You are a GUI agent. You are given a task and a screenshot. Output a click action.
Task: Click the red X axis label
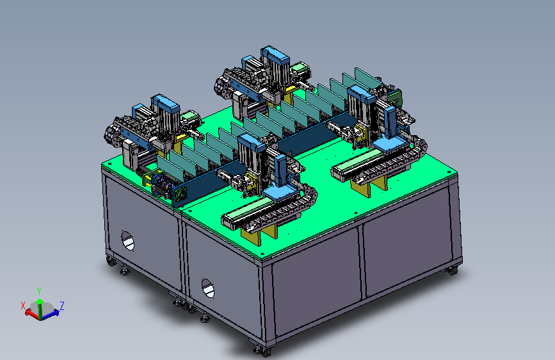point(23,306)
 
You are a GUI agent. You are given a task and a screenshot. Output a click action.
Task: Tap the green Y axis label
point(39,291)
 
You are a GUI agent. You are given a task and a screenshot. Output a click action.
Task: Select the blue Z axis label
point(62,306)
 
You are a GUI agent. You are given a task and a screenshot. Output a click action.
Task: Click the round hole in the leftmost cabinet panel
point(128,241)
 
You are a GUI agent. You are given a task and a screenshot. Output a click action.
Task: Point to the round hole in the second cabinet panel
point(208,288)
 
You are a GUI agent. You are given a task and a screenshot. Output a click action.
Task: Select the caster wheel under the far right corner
point(452,271)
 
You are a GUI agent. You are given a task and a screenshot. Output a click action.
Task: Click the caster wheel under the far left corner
point(111,262)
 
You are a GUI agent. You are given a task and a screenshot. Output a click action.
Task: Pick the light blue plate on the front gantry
point(282,193)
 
